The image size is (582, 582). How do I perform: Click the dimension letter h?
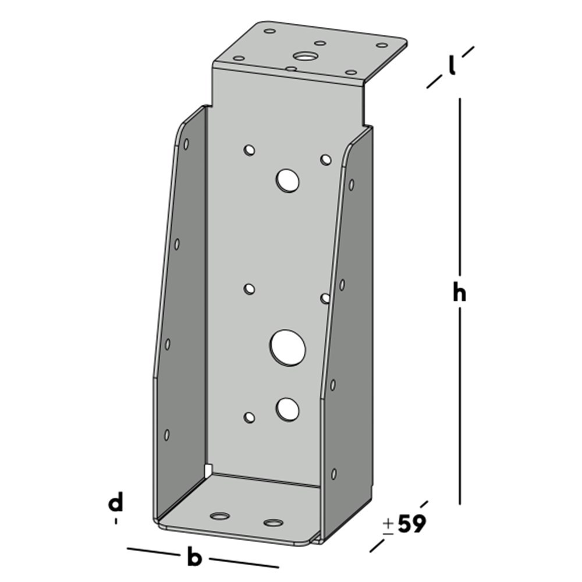460,294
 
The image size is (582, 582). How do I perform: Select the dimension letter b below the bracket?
194,558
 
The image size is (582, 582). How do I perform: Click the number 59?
412,525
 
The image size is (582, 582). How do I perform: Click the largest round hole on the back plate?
288,347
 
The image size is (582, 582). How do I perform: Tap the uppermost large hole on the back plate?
288,181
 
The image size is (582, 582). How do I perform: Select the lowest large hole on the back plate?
288,409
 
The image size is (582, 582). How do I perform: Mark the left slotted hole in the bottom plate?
220,516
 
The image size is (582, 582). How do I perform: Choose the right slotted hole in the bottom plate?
272,522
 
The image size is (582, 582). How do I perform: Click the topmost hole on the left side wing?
186,144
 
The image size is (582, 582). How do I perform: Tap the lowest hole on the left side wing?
167,434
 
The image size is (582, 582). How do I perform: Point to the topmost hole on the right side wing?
352,185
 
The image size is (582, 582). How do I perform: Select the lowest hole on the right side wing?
334,474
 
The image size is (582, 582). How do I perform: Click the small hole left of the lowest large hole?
250,417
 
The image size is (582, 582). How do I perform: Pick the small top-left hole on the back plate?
250,150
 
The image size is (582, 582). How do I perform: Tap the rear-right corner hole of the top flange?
382,45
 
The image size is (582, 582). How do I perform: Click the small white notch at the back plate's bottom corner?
209,469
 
